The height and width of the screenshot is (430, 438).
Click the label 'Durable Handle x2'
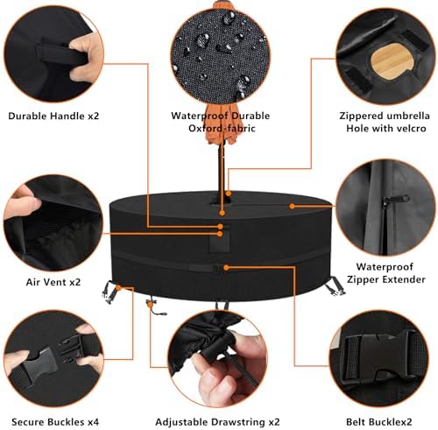[x=53, y=116]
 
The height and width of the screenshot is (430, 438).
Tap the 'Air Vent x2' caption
[x=53, y=282]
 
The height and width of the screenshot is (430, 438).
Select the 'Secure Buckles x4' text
[x=55, y=421]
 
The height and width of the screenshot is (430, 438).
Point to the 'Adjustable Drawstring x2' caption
[x=217, y=422]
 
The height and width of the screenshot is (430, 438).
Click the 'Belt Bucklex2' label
[x=378, y=422]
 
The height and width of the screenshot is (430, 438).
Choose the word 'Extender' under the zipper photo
[x=405, y=279]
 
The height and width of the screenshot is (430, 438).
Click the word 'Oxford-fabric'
[x=222, y=128]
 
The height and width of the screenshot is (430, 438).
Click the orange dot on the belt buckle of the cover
[x=226, y=267]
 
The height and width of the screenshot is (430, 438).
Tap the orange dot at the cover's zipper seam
[x=292, y=206]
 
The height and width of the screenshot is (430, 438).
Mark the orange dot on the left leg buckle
[x=118, y=288]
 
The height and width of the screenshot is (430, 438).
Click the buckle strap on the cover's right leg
[x=336, y=285]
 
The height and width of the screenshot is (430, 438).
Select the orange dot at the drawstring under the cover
[x=150, y=304]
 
